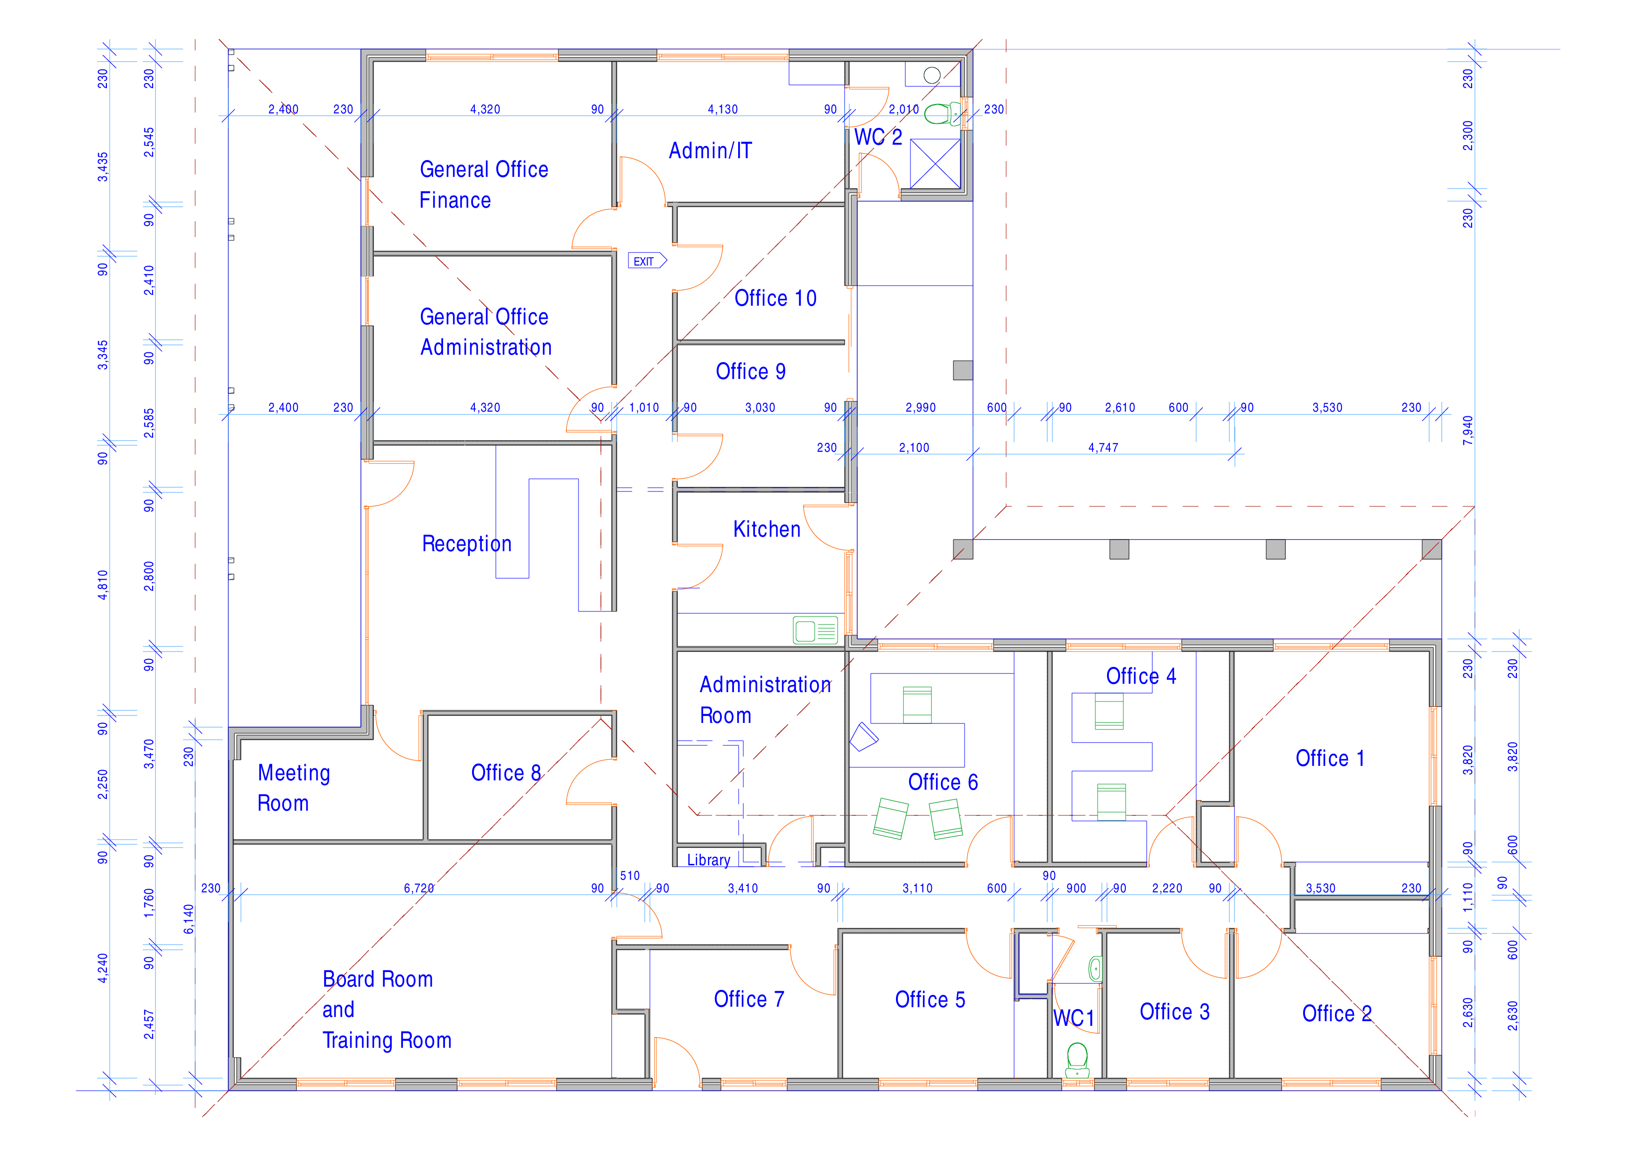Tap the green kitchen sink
815,631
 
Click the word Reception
467,544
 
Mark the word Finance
455,200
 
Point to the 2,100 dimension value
914,448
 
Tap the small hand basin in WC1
1095,969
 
